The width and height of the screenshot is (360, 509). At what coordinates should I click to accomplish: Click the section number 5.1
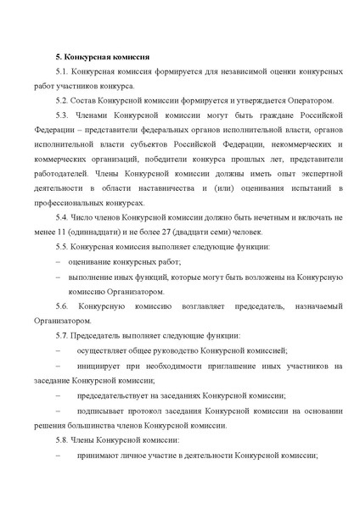click(60, 74)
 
